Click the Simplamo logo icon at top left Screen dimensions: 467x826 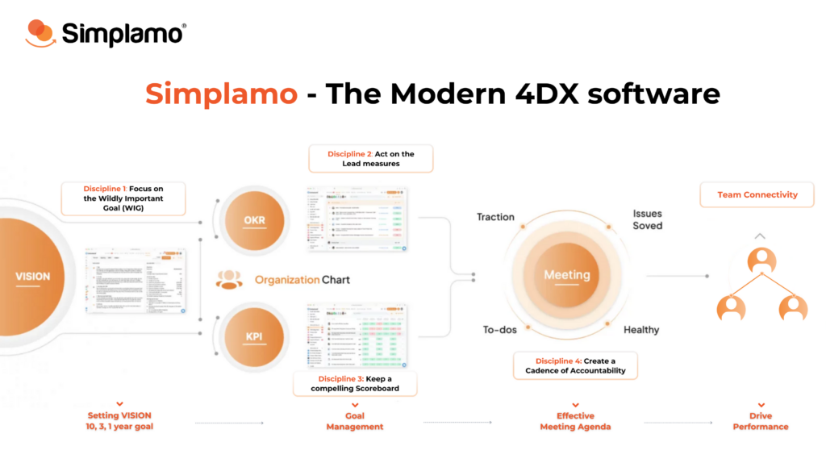pos(40,32)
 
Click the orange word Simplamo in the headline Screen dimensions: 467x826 pos(221,94)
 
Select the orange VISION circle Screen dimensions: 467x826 pos(32,276)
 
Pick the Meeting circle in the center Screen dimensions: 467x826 pos(566,275)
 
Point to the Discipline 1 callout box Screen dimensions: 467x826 pos(123,198)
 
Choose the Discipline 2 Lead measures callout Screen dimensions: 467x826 pos(371,158)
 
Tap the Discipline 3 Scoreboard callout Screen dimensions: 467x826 pos(355,384)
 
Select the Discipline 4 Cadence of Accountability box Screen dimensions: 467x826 pos(575,365)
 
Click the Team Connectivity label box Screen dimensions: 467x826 pos(757,194)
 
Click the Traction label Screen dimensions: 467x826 pos(495,217)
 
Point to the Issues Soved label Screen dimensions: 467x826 pos(647,219)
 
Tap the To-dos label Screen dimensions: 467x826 pos(499,329)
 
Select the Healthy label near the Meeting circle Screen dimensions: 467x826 pos(641,329)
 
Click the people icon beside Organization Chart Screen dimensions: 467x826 pos(229,280)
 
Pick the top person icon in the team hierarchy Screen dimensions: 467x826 pos(761,261)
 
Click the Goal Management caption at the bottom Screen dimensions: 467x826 pos(355,421)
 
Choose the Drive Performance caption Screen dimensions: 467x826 pos(761,421)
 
